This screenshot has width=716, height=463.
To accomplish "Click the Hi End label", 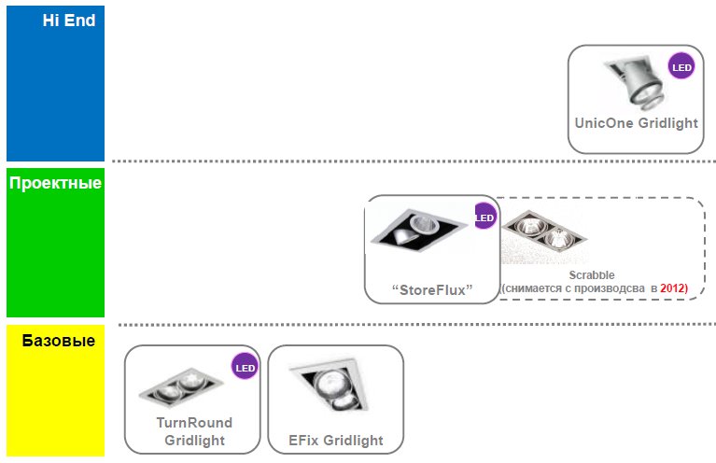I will [68, 20].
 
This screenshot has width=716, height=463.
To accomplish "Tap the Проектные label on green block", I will [55, 183].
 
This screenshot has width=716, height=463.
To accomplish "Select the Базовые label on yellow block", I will [58, 341].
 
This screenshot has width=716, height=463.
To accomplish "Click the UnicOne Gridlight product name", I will [636, 123].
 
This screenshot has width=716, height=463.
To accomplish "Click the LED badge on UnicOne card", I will [681, 66].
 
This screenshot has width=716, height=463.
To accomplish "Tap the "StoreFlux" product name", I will [431, 289].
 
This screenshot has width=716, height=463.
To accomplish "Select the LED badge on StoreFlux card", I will [484, 218].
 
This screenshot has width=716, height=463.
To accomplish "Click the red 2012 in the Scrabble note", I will [673, 289].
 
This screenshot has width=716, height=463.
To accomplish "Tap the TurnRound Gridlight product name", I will [194, 423].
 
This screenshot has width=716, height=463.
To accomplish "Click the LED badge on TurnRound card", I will [245, 368].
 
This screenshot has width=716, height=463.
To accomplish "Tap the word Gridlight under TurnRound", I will [194, 441].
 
